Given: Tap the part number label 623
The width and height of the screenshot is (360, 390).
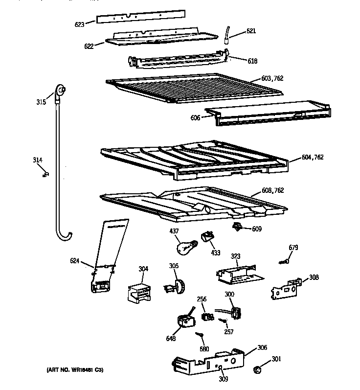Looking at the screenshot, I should point(79,23).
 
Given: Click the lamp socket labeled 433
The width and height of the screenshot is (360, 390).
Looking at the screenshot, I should point(209,237).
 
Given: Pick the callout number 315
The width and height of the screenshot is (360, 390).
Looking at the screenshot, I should point(41,102).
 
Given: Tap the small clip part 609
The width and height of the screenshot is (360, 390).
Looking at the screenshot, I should point(238,227).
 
